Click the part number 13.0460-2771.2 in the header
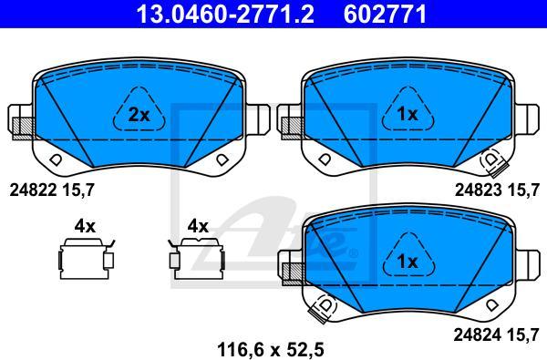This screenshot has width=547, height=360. [x=225, y=14]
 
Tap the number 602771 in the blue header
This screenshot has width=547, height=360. [x=385, y=14]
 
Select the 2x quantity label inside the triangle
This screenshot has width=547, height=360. [x=139, y=115]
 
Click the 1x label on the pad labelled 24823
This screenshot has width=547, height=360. [x=408, y=114]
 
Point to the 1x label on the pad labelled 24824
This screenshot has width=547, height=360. [x=408, y=262]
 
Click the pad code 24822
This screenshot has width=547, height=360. [x=33, y=190]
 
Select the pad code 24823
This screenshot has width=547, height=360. [x=479, y=190]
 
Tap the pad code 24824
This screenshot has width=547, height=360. [x=477, y=335]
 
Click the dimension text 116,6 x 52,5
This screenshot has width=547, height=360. [x=271, y=350]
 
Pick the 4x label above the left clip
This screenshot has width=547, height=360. [x=85, y=226]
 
